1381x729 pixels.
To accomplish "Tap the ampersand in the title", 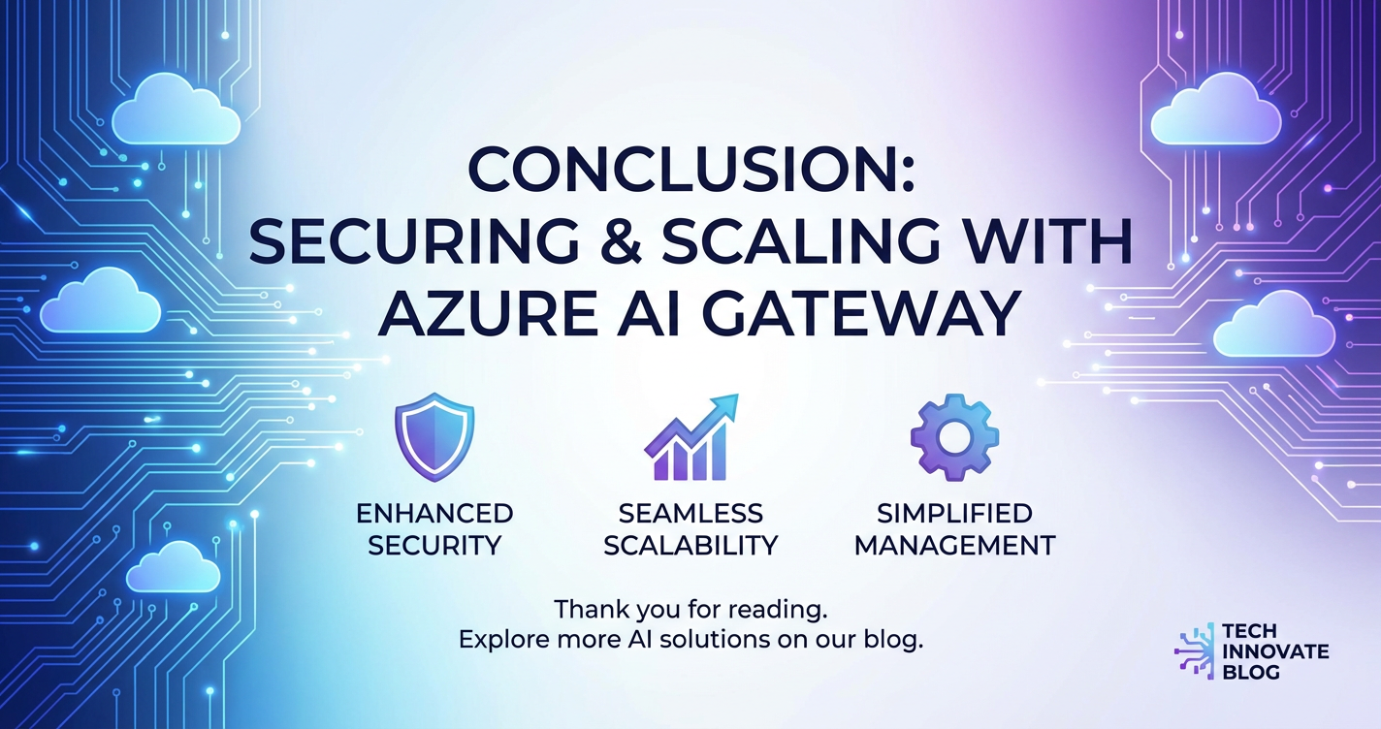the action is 618,242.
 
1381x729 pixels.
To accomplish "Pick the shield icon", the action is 434,436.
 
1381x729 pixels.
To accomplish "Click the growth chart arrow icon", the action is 690,437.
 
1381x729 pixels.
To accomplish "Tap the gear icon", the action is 955,436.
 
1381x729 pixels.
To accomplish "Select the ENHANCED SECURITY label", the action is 434,529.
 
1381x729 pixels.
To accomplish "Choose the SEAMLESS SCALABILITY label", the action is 690,529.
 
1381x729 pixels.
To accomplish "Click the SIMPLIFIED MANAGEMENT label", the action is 955,529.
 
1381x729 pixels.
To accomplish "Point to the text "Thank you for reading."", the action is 690,610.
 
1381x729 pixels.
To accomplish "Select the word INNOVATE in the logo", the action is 1275,650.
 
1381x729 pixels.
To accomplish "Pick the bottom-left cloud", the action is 174,567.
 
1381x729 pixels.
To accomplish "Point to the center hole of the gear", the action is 955,437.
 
